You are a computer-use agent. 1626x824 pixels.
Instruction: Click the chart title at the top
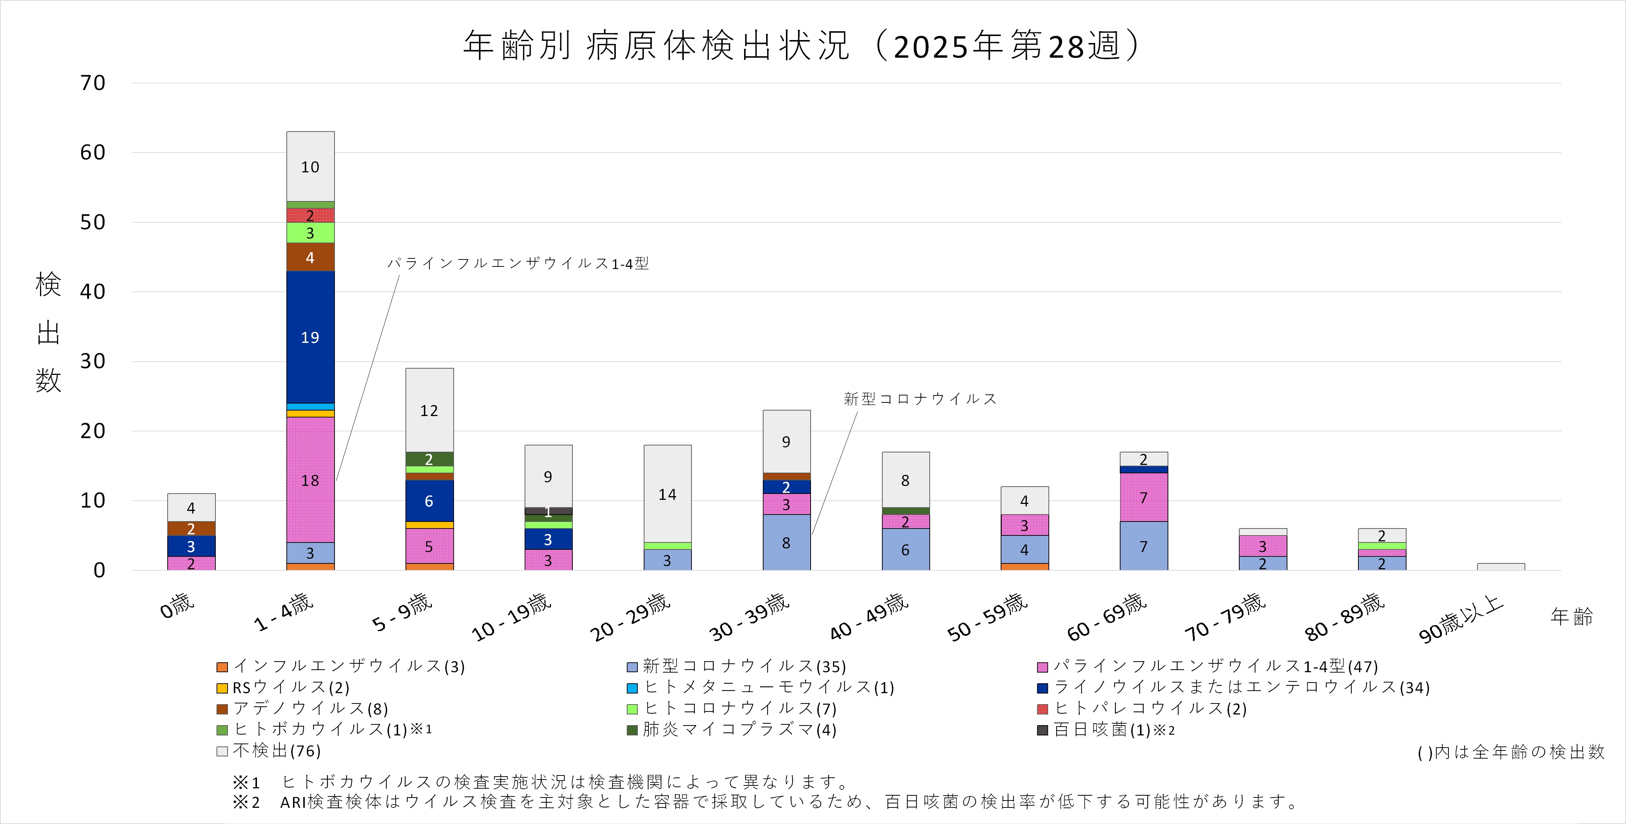click(x=802, y=46)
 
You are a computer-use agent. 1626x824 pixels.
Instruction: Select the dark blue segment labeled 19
click(x=310, y=337)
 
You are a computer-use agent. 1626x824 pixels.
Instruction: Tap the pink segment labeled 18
click(x=310, y=480)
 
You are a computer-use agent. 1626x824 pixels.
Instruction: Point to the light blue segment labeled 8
click(x=786, y=542)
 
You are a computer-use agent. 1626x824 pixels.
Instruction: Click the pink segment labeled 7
click(x=1143, y=497)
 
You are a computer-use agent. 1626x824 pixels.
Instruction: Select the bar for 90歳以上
click(x=1500, y=567)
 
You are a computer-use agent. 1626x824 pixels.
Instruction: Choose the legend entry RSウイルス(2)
click(x=283, y=687)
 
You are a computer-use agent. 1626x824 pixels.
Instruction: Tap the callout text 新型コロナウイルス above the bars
click(x=920, y=399)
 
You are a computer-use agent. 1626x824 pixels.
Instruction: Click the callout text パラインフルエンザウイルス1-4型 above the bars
click(x=518, y=263)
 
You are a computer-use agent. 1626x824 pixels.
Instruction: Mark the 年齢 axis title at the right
click(x=1571, y=616)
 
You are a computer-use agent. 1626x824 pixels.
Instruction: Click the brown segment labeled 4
click(x=310, y=257)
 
